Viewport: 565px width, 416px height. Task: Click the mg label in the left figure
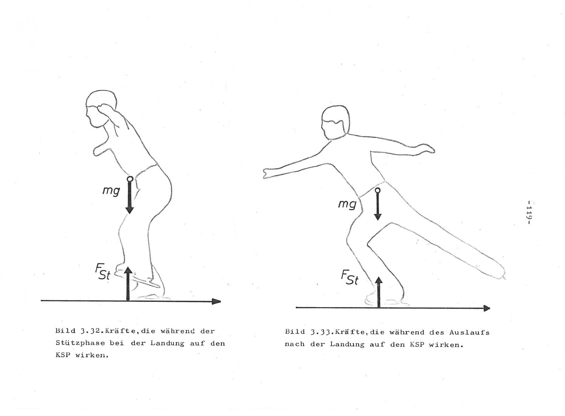pos(111,191)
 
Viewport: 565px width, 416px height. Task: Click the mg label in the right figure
pos(347,204)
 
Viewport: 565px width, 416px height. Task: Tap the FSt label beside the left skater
pos(103,272)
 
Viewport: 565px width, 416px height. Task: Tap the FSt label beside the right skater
pos(350,277)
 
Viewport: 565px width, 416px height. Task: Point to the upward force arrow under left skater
pos(128,284)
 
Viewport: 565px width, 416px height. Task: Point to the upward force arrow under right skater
pos(379,292)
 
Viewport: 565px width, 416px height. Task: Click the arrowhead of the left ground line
pos(216,301)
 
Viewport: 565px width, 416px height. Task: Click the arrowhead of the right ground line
pos(487,308)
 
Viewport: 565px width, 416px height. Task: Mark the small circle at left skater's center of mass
pos(130,179)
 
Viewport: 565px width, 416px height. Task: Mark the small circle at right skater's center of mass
pos(377,190)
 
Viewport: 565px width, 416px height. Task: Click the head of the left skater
pos(101,109)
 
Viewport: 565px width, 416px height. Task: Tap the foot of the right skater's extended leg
pos(496,272)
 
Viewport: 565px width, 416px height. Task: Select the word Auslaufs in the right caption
pos(469,332)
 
